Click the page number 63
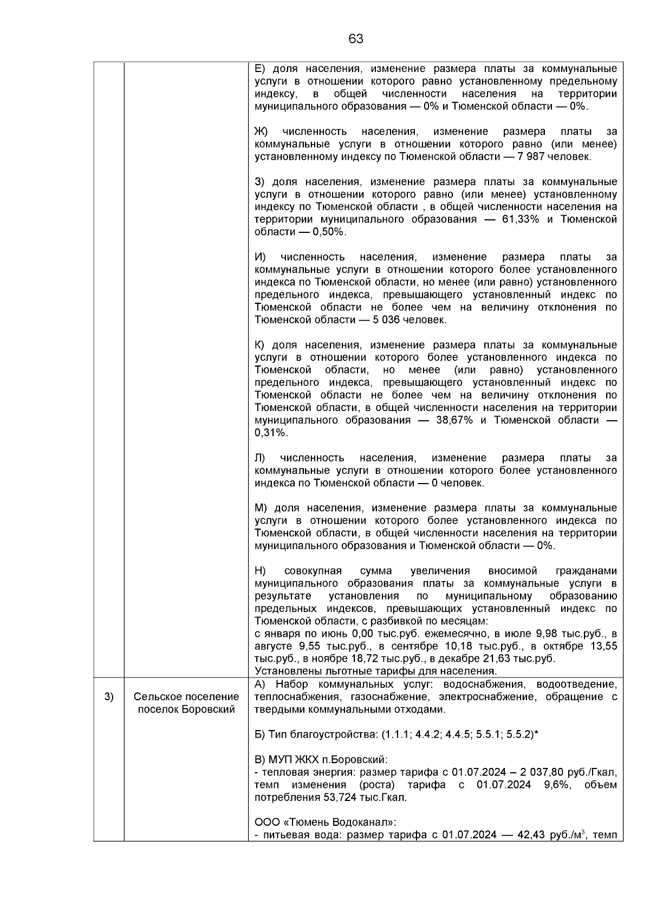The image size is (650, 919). point(356,39)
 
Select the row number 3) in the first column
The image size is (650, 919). point(109,696)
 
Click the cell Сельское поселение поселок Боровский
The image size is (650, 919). point(186,703)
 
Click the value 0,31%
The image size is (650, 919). point(271,433)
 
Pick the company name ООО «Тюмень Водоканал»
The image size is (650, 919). point(325,823)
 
